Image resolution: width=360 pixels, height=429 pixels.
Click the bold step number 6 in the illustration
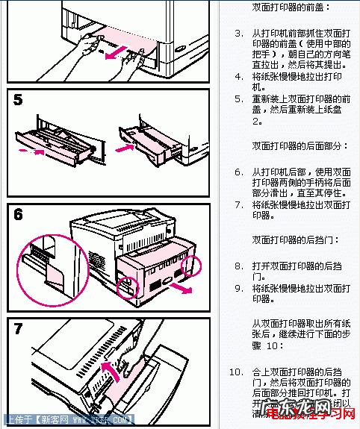(20, 215)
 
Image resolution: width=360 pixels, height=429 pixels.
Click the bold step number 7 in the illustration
(20, 329)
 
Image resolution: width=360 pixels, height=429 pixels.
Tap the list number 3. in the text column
(238, 34)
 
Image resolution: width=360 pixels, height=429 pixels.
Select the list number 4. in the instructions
(238, 76)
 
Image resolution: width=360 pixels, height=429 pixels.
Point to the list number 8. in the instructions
(238, 266)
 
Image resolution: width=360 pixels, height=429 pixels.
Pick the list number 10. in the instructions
(236, 372)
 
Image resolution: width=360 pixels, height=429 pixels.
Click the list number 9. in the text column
(238, 287)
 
